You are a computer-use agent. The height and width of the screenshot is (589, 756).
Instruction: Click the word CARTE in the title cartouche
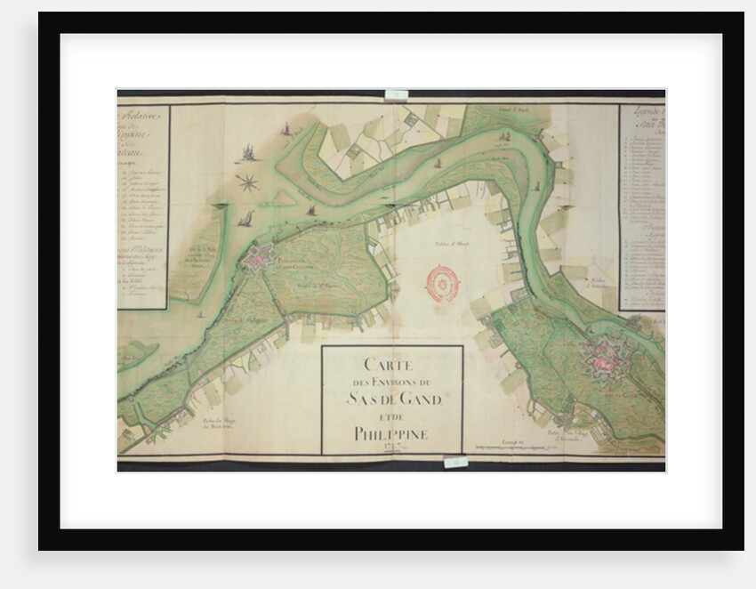tap(391, 364)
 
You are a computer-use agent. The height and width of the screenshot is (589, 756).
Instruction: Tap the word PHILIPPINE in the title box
tap(391, 433)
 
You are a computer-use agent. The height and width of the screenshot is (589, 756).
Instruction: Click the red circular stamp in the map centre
tap(442, 283)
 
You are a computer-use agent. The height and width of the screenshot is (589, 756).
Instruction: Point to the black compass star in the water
tap(247, 183)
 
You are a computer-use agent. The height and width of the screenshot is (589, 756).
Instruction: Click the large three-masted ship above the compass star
tap(244, 152)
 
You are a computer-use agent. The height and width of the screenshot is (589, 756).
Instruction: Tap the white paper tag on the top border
tap(397, 93)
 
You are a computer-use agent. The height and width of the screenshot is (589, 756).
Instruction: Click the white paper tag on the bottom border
tap(454, 462)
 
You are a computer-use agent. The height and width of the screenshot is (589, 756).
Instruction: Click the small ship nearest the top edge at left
tap(286, 130)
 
